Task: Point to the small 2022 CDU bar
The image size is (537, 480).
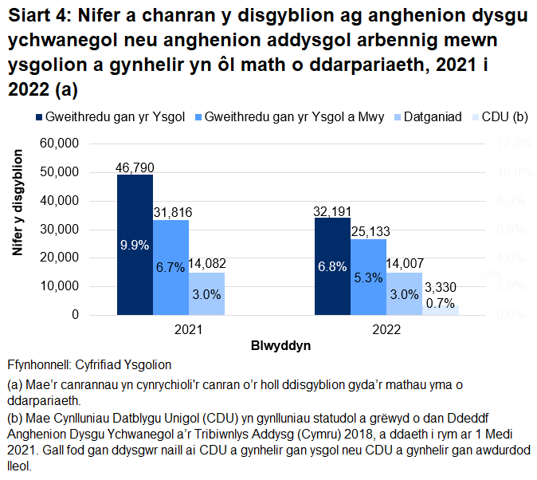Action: (x=440, y=310)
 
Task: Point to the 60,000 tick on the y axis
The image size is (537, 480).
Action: (x=61, y=144)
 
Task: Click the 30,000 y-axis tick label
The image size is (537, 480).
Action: (x=61, y=230)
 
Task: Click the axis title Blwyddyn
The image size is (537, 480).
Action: (x=281, y=347)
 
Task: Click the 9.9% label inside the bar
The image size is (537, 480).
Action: (x=135, y=246)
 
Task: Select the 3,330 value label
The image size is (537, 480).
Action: (x=440, y=287)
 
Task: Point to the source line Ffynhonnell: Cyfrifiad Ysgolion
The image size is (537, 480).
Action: (x=89, y=365)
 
